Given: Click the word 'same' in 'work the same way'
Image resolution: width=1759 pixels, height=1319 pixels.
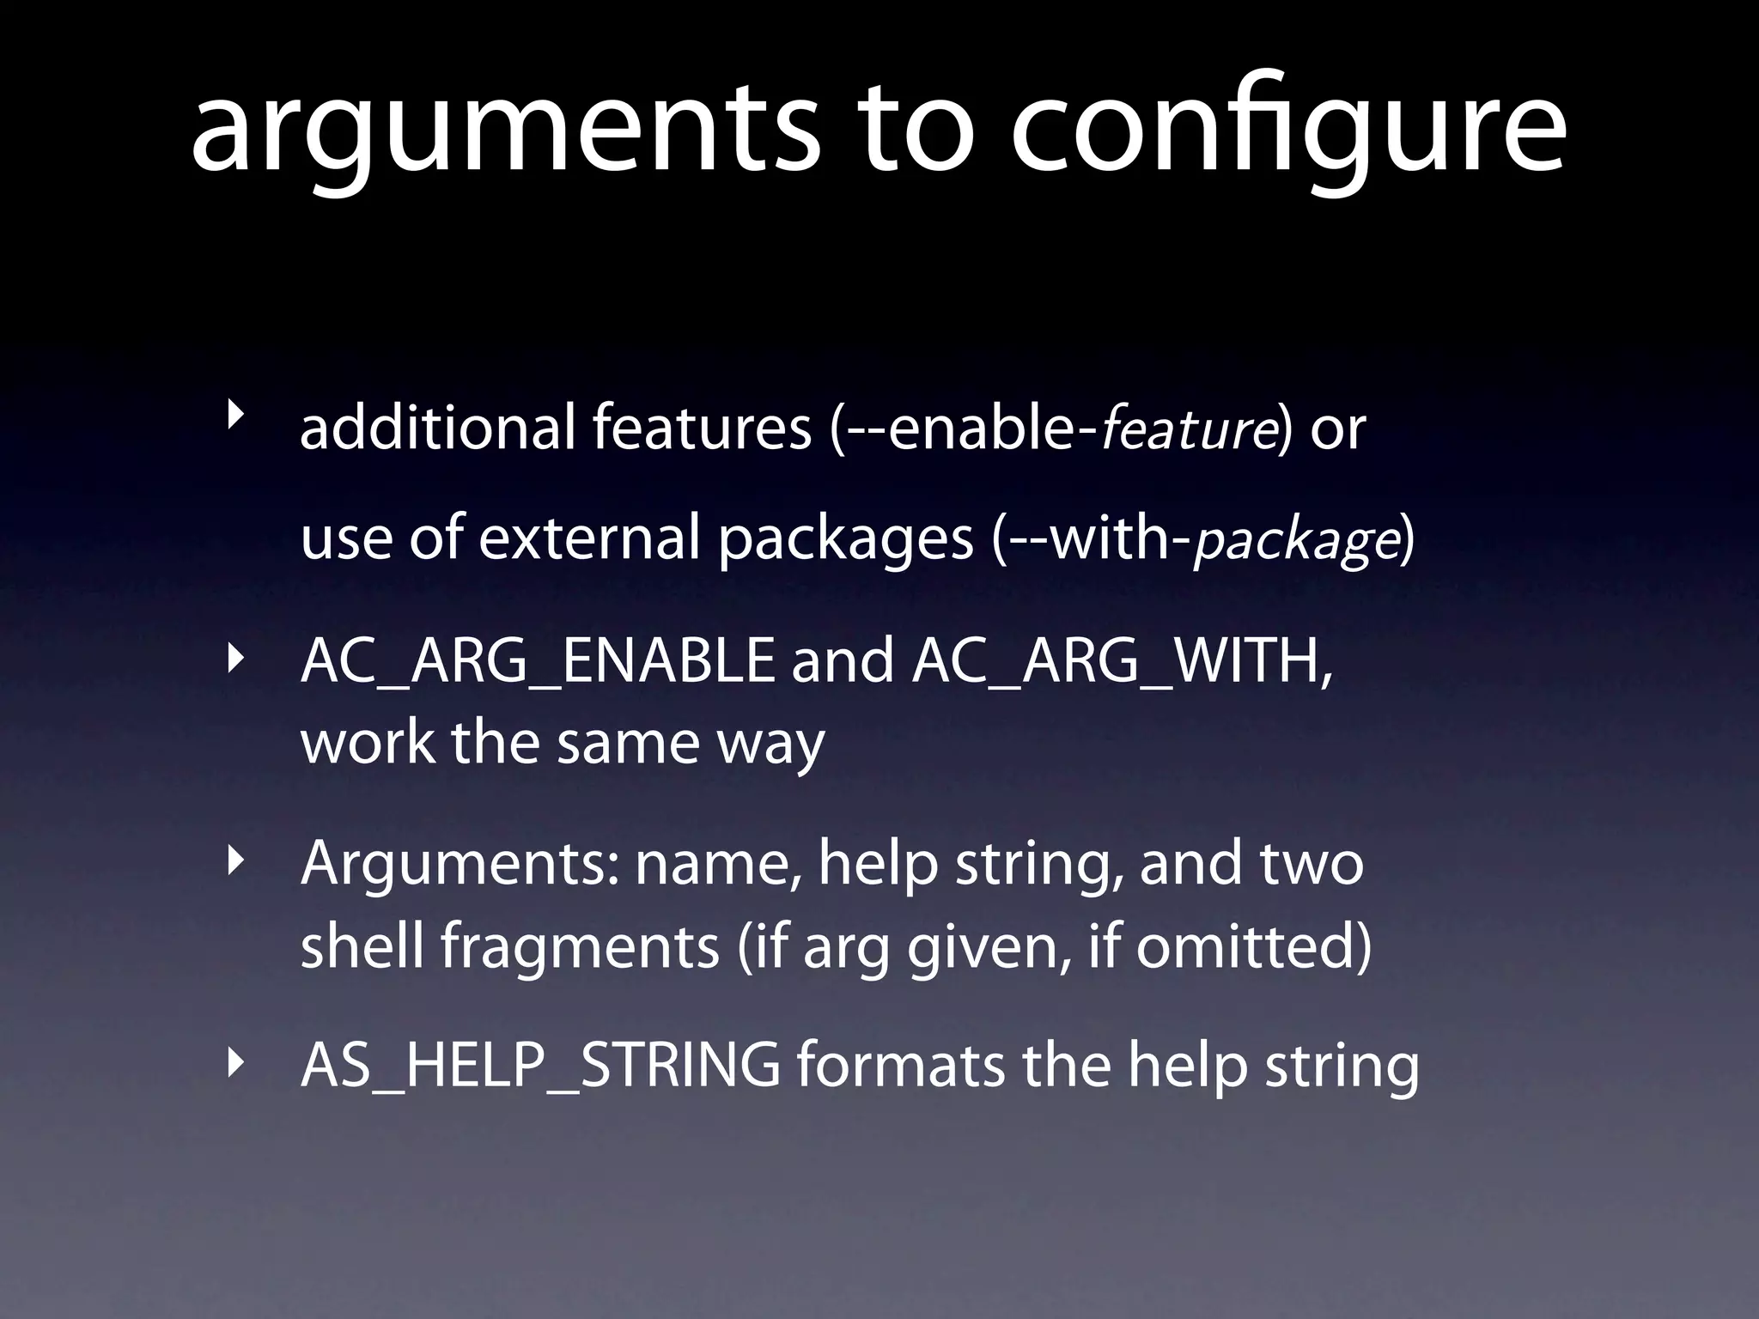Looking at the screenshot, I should point(628,743).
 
